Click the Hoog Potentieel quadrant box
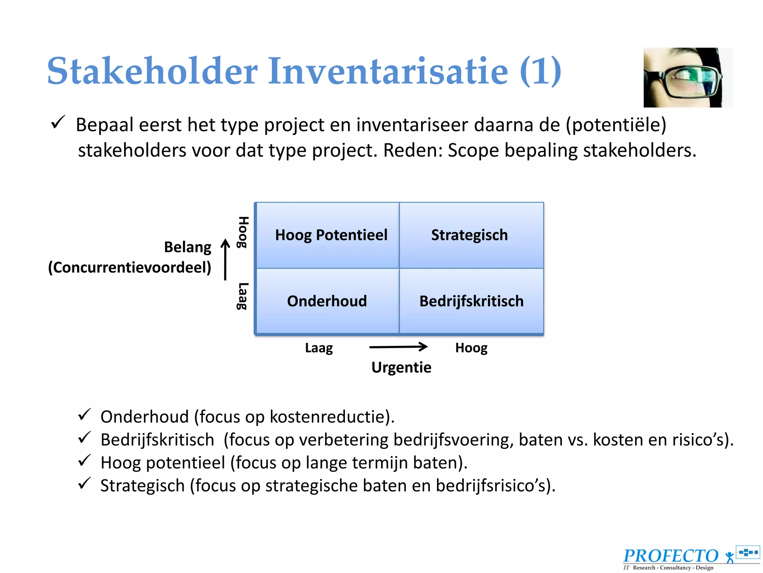tap(328, 235)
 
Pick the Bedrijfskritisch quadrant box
tap(471, 301)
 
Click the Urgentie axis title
tap(401, 367)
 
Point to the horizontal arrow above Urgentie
tap(398, 347)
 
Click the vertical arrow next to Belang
tap(225, 259)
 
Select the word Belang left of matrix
tap(187, 247)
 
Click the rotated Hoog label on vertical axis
tap(243, 232)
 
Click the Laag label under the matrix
tap(319, 348)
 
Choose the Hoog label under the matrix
tap(471, 348)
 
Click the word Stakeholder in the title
tap(152, 71)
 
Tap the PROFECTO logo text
tap(671, 556)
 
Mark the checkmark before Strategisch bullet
tap(85, 483)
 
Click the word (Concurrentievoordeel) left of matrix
tap(129, 267)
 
